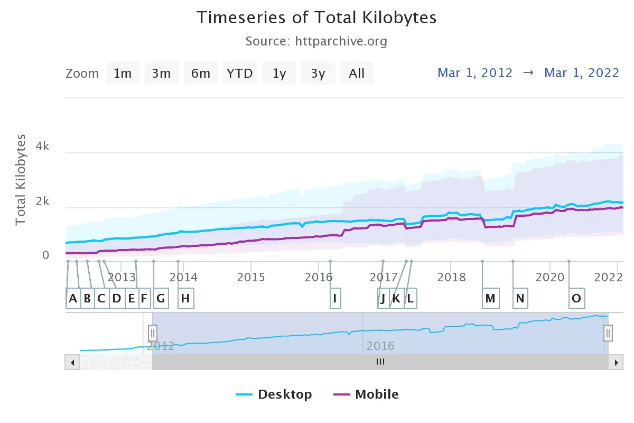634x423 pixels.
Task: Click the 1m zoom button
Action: (123, 73)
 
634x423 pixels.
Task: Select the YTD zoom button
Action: (240, 73)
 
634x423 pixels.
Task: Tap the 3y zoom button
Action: (318, 73)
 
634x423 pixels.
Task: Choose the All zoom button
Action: (357, 73)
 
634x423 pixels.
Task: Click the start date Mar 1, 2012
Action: (475, 73)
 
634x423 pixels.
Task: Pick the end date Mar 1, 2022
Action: (582, 73)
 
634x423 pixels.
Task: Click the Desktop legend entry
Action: (274, 394)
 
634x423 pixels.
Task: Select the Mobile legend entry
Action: (366, 394)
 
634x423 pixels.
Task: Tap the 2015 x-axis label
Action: (251, 277)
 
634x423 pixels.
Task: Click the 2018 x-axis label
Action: (451, 277)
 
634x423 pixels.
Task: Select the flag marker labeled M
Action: (490, 299)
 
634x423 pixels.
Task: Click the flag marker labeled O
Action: (576, 299)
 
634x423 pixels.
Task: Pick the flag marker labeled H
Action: (185, 299)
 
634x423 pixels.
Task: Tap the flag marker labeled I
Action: (334, 299)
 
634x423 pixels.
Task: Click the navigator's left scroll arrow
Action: (72, 363)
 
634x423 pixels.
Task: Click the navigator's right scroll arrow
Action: (616, 363)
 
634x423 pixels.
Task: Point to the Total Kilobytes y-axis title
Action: (21, 180)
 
